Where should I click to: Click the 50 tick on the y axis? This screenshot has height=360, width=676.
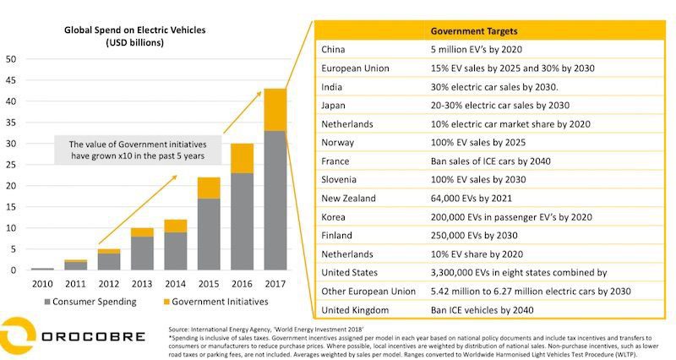pos(11,59)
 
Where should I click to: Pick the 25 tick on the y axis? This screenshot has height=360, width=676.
pos(11,165)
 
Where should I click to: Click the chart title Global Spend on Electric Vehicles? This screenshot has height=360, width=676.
pos(135,30)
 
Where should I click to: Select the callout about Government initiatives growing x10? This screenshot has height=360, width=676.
pos(139,150)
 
